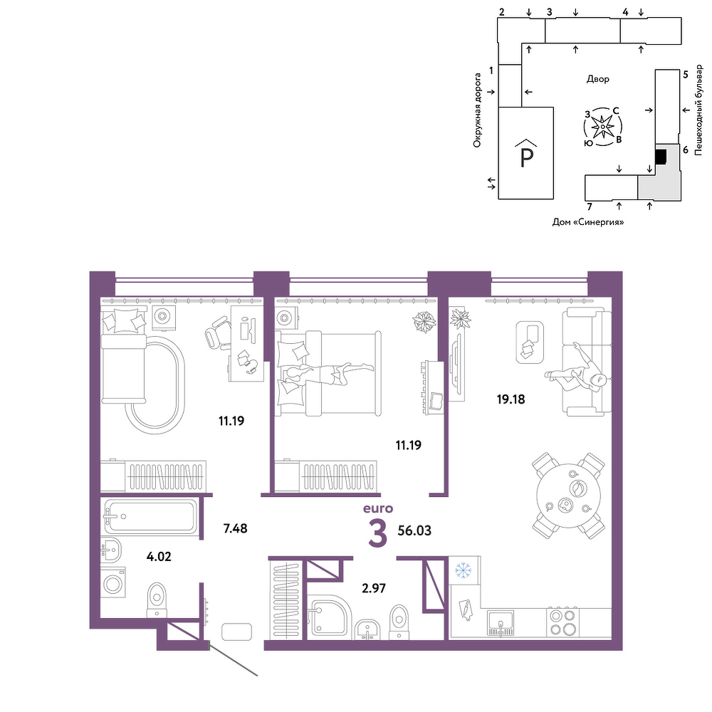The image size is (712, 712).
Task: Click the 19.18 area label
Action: [511, 399]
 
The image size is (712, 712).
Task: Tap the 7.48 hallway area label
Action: [235, 528]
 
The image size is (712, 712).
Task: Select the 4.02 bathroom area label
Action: [159, 556]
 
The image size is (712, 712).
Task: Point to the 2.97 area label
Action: [374, 588]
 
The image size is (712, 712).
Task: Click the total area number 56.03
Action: [414, 530]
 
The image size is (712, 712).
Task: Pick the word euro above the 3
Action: [378, 508]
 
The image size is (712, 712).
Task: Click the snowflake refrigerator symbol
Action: [464, 570]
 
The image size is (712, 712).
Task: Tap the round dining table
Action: [568, 495]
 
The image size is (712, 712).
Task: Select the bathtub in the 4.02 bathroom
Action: [150, 516]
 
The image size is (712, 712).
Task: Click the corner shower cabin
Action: [328, 617]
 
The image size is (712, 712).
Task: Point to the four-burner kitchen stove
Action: [562, 622]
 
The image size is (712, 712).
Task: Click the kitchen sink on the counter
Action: [501, 622]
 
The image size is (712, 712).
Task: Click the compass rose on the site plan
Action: [602, 127]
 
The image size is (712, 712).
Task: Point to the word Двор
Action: [597, 79]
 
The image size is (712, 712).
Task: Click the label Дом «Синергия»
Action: [588, 222]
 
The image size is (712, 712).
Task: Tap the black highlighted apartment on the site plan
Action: [661, 157]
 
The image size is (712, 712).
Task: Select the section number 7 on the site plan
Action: [590, 207]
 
